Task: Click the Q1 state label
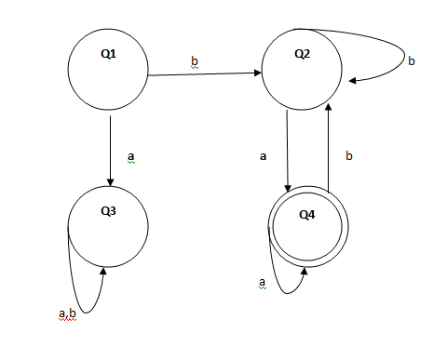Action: pos(108,54)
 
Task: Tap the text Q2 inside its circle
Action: pos(302,53)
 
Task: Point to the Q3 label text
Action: pos(108,211)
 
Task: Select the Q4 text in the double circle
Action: pos(306,216)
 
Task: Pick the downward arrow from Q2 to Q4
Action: pos(288,149)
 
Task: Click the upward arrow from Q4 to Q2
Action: pos(328,149)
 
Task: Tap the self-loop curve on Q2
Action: pos(391,47)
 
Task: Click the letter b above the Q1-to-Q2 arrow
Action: pos(195,61)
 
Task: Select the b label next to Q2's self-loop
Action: pos(412,61)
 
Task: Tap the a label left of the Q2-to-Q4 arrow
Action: pos(264,157)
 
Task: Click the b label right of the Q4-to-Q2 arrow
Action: pos(348,157)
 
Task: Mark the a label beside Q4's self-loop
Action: pos(262,281)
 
